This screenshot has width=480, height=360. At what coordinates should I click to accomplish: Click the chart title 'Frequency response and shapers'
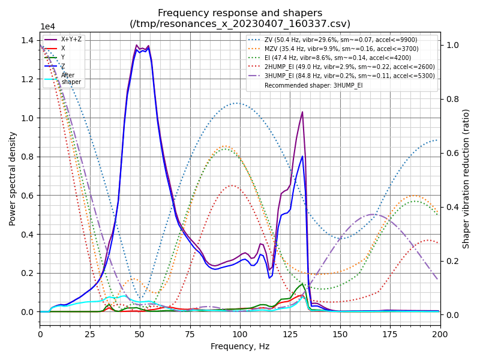[x=240, y=13]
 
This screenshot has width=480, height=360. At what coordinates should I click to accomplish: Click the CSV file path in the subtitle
[x=240, y=23]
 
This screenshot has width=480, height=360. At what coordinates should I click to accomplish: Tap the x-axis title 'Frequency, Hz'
[x=240, y=346]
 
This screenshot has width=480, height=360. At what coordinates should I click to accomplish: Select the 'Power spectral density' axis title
[x=13, y=178]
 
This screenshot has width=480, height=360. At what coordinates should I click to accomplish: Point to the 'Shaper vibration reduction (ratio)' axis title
[x=466, y=178]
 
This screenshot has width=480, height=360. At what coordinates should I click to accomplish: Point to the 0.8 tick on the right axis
[x=451, y=99]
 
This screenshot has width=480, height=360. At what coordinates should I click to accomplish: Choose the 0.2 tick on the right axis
[x=451, y=261]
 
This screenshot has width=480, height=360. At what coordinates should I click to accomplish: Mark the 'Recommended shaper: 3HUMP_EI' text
[x=313, y=85]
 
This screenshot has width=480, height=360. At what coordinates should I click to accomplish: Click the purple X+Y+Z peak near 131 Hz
[x=302, y=112]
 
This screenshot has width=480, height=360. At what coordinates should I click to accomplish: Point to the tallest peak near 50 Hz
[x=137, y=45]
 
